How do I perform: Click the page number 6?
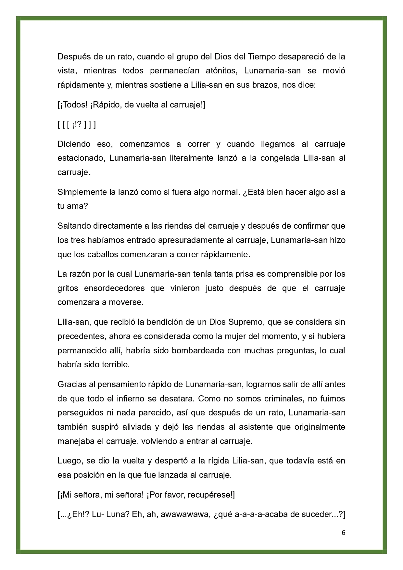tap(343, 533)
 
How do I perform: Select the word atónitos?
tap(221, 71)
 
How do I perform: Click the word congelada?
tap(280, 158)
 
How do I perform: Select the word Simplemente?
tap(82, 192)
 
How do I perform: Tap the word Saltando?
tap(74, 226)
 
